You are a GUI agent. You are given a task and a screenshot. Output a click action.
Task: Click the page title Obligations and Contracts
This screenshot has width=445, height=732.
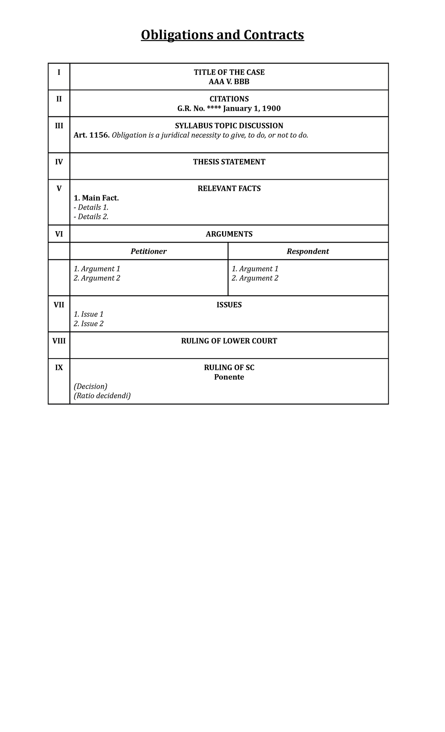[x=222, y=35]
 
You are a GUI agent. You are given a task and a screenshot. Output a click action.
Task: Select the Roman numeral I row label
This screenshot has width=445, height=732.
[x=59, y=72]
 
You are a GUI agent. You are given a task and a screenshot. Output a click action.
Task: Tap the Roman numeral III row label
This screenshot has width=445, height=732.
[x=59, y=126]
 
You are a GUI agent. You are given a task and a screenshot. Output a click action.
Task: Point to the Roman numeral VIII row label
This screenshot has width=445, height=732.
[x=59, y=341]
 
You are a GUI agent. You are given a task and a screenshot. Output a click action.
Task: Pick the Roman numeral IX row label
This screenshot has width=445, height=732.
[x=59, y=367]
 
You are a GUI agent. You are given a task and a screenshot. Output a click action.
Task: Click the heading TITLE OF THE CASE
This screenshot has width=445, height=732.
[x=229, y=72]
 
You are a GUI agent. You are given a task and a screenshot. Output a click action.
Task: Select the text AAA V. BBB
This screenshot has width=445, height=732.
[x=229, y=82]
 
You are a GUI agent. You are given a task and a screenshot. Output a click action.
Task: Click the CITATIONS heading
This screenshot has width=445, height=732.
[x=229, y=99]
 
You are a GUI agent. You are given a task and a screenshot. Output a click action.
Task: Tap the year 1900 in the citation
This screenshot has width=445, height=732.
[x=271, y=109]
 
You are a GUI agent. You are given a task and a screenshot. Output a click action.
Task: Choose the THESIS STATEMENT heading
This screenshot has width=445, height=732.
[x=229, y=162]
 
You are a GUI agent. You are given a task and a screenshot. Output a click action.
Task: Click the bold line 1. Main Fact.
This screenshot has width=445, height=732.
[x=96, y=198]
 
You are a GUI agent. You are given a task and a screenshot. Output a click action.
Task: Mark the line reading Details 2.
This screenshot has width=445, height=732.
[x=91, y=217]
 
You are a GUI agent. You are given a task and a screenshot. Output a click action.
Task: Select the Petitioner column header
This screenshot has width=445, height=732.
[x=148, y=251]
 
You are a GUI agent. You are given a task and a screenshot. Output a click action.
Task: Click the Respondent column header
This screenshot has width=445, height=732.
[x=308, y=251]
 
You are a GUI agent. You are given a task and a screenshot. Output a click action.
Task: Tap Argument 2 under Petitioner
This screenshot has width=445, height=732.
[x=97, y=278]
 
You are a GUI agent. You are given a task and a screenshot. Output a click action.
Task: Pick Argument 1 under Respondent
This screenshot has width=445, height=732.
[x=255, y=269]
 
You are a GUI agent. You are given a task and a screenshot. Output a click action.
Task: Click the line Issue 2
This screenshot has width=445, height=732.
[x=89, y=324]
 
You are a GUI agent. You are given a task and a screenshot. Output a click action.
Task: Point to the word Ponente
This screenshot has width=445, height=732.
[x=229, y=377]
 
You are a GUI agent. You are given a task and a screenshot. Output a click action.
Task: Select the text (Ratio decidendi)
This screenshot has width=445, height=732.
[x=102, y=396]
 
